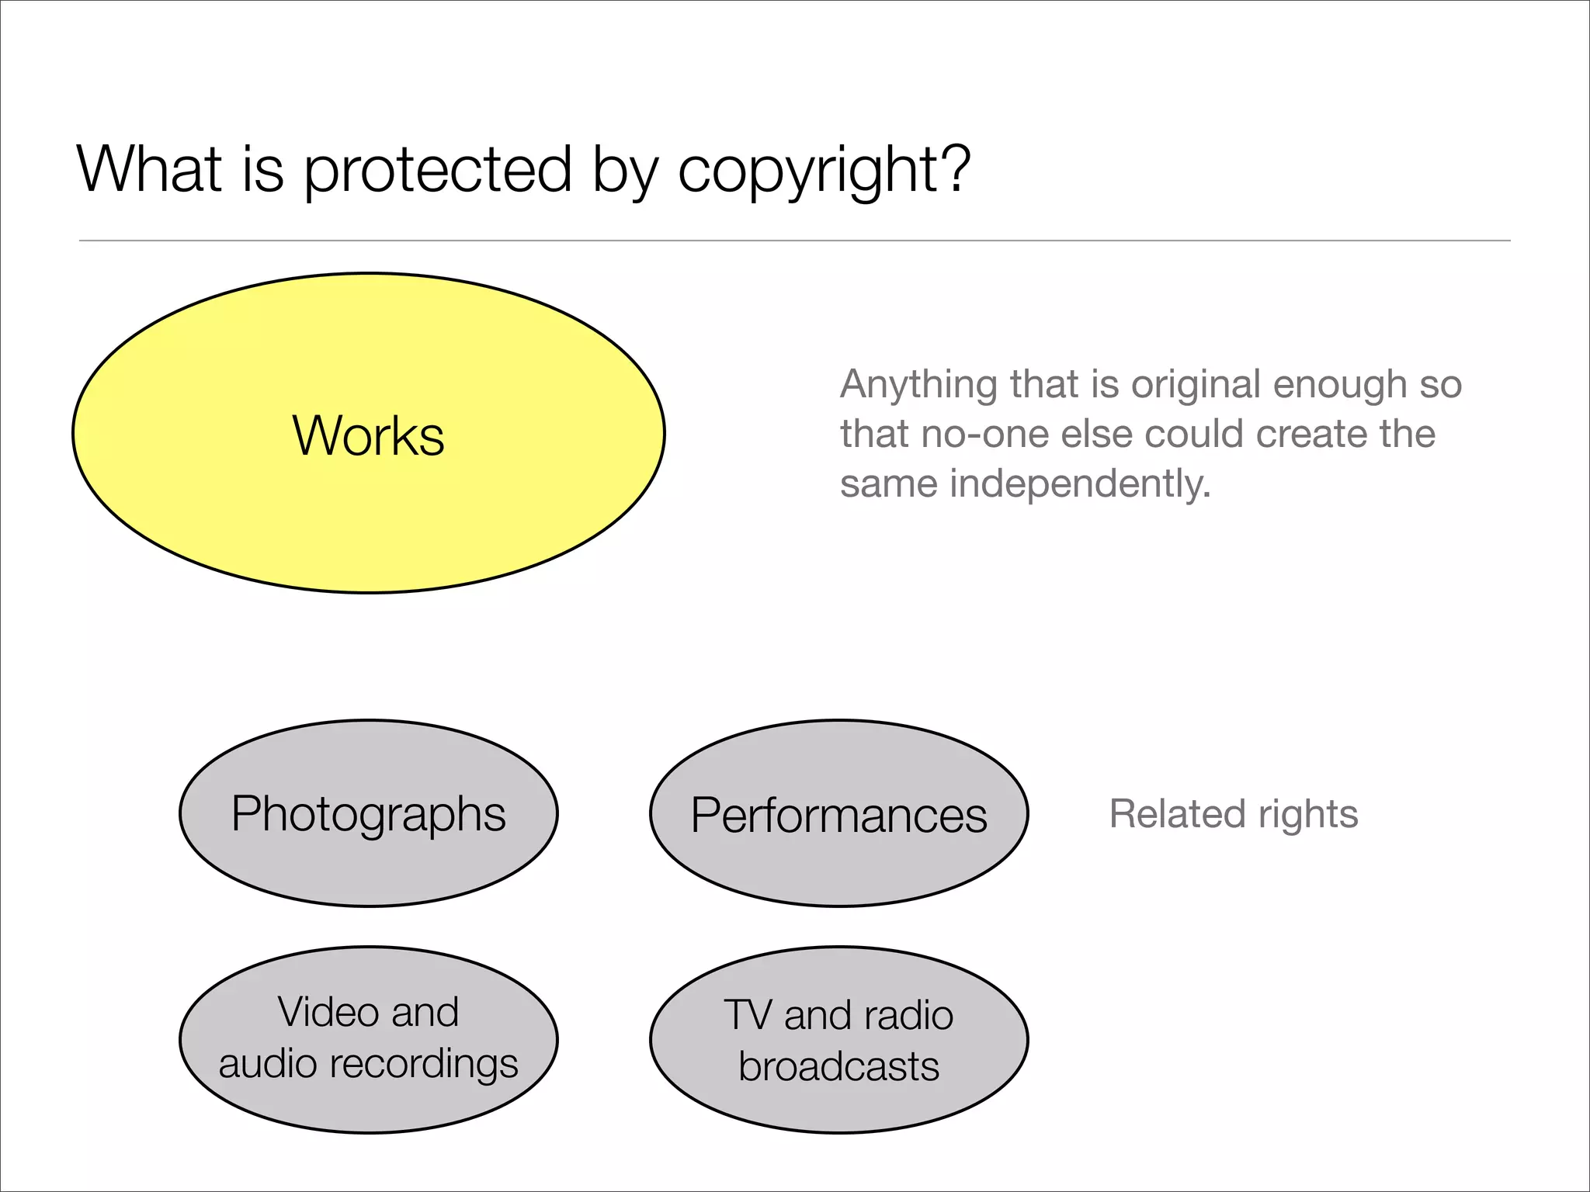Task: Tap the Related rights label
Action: pyautogui.click(x=1234, y=814)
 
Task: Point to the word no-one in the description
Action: pyautogui.click(x=984, y=435)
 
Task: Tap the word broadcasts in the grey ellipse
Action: pyautogui.click(x=838, y=1066)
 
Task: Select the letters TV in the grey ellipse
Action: pyautogui.click(x=747, y=1015)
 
